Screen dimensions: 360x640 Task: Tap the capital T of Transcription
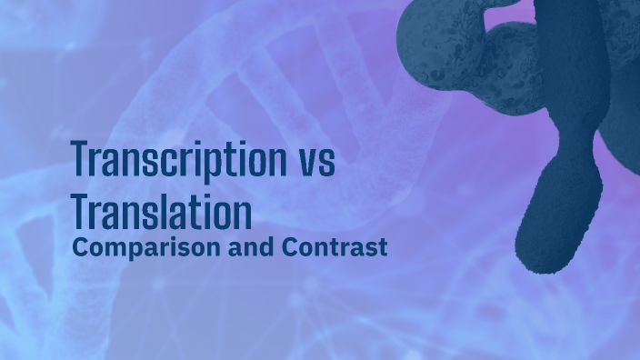coord(80,161)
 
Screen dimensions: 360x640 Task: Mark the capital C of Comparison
coord(79,245)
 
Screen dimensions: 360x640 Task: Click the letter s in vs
coord(327,165)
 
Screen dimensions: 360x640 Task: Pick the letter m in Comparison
coord(109,247)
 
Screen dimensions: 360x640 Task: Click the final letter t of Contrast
coord(384,246)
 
